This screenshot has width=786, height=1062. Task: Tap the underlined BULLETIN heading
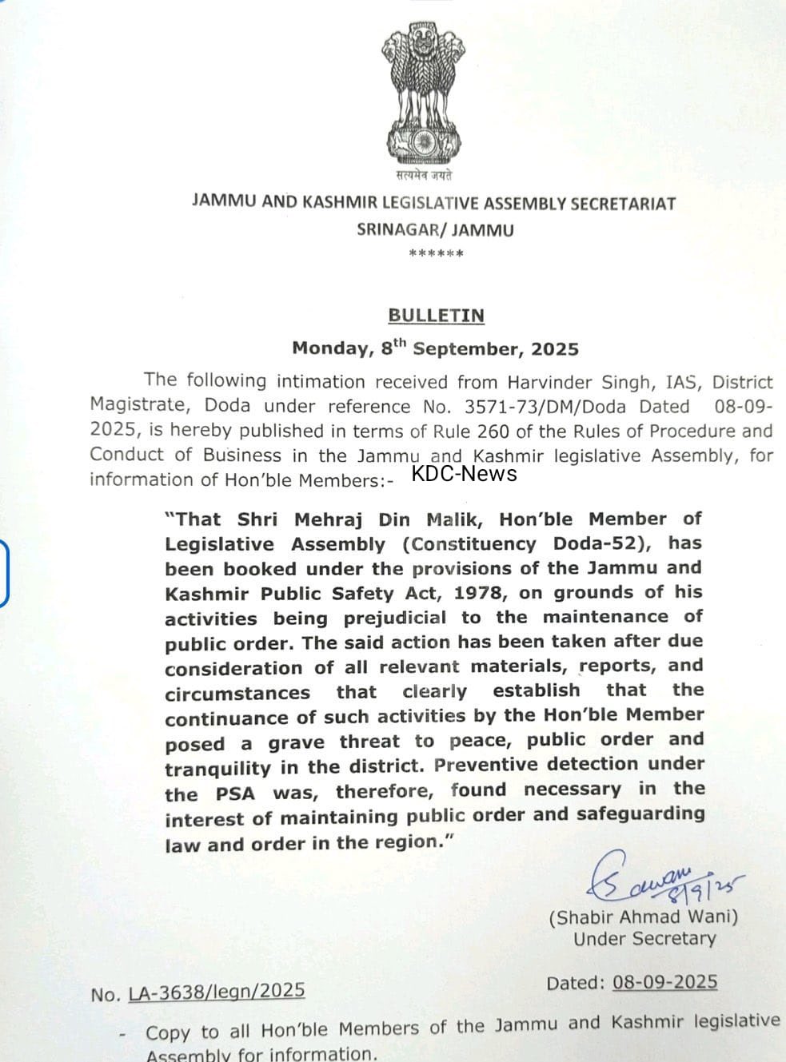(436, 316)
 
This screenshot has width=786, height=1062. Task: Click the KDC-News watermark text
(464, 474)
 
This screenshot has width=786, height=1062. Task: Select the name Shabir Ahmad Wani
(644, 917)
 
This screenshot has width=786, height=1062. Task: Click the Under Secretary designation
(644, 939)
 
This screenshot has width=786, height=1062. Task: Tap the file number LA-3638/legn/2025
(216, 992)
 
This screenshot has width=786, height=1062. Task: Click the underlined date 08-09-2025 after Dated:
(664, 982)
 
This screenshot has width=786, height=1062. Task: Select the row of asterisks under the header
(436, 254)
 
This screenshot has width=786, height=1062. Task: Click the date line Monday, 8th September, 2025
(435, 348)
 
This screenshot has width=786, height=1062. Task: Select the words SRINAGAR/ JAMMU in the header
(435, 230)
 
